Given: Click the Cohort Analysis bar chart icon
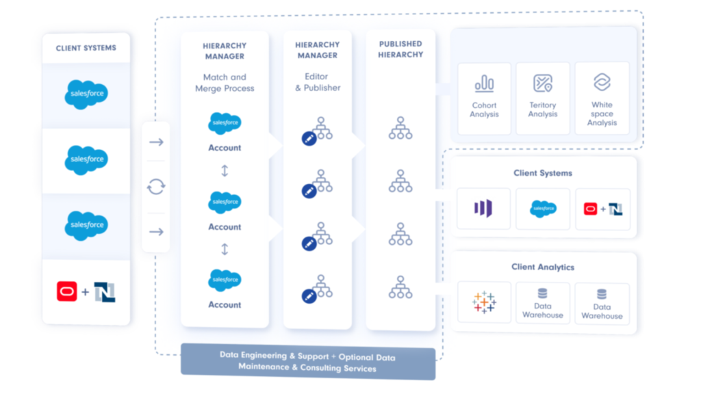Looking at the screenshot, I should [x=484, y=83].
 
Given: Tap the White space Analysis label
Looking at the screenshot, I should [x=602, y=114].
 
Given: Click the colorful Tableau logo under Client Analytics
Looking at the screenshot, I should [x=484, y=302].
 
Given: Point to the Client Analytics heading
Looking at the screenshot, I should [x=543, y=267].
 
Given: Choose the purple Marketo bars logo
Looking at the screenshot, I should [x=483, y=209].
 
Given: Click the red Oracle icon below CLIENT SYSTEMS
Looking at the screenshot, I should [x=66, y=292].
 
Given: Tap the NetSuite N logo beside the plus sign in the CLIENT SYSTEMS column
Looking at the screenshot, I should [x=105, y=292].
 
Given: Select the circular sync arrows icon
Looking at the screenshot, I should [x=156, y=186].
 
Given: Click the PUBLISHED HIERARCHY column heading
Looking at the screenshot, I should [x=400, y=49].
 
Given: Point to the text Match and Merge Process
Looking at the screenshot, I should [x=225, y=83].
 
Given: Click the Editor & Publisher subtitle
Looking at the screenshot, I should [x=317, y=82].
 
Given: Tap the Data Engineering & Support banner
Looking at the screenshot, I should [x=307, y=363].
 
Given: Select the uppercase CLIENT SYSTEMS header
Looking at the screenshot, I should [x=86, y=48].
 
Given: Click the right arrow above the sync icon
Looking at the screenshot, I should [x=156, y=142].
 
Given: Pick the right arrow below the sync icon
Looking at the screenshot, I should [x=156, y=232].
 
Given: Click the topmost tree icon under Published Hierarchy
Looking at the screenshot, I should [x=400, y=128].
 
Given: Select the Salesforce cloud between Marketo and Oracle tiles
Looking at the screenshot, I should [x=543, y=209].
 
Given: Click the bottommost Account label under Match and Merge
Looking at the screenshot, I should [x=225, y=304].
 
